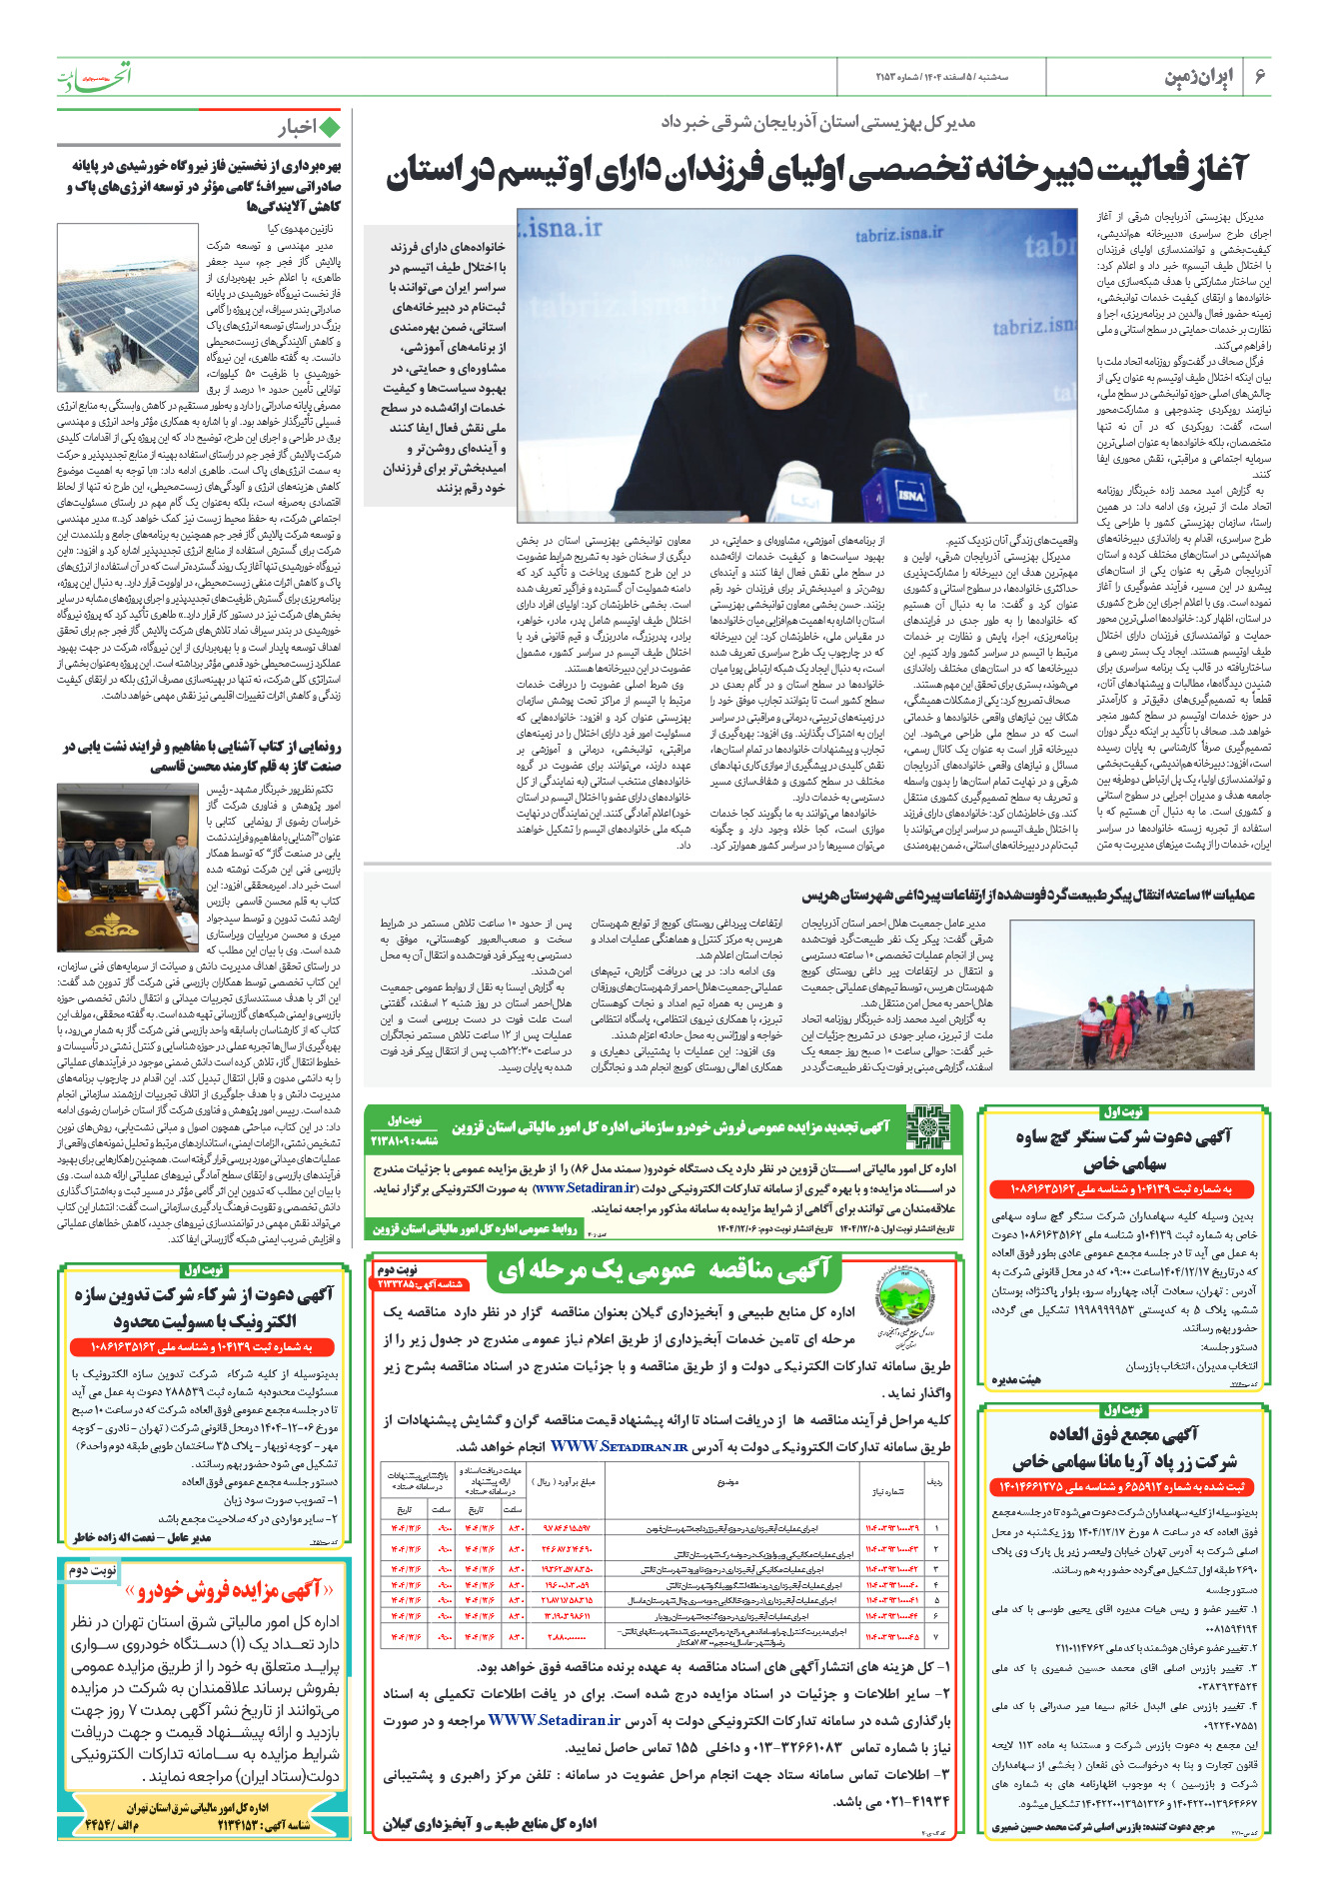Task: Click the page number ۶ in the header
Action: (1259, 77)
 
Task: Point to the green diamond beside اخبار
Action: (330, 127)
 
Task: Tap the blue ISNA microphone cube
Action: (909, 492)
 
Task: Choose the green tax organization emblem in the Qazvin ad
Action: (925, 1126)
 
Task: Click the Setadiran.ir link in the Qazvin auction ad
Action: (585, 1188)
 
